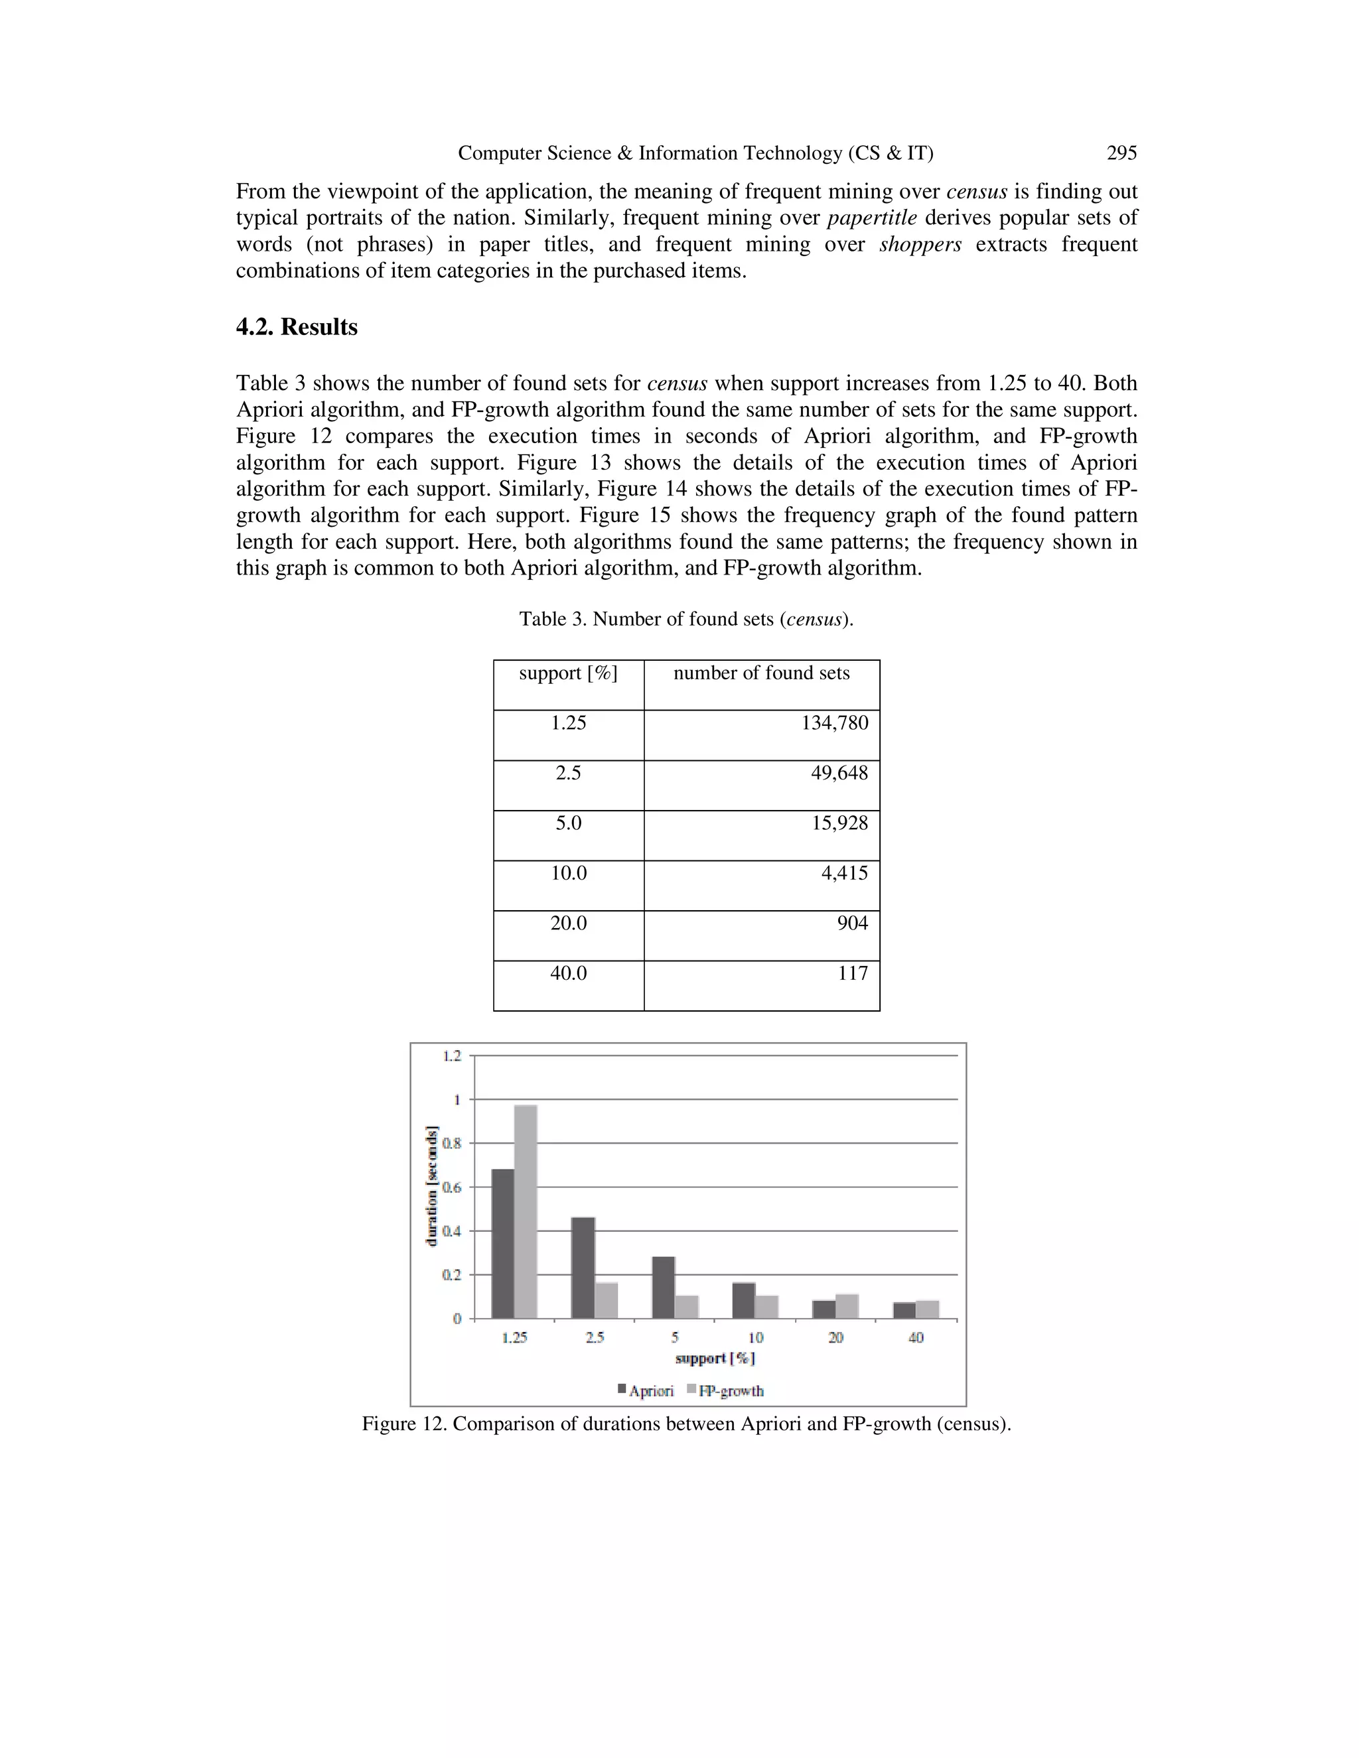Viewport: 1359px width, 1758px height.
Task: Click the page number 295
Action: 1121,153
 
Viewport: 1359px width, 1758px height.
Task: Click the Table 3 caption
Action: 686,619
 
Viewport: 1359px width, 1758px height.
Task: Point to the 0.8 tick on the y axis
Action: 453,1143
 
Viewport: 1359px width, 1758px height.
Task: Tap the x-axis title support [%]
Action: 715,1359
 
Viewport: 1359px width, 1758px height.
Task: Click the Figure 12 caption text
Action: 686,1423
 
